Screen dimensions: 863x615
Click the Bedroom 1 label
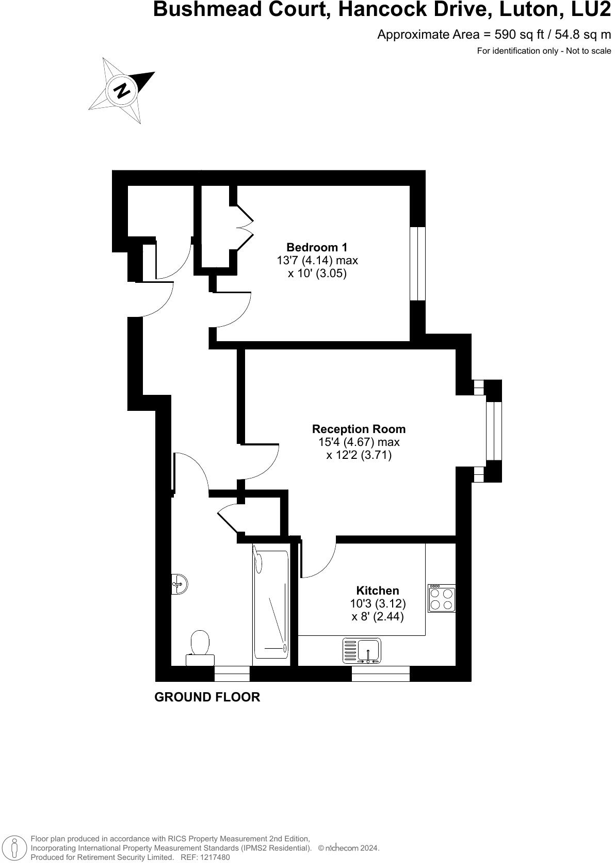317,247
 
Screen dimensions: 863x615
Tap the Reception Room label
359,429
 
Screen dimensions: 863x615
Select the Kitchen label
378,590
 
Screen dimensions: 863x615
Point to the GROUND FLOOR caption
207,697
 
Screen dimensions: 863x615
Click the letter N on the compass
122,90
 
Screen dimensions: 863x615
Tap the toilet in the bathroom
200,647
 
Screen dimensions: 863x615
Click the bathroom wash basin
179,584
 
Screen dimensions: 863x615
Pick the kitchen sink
362,650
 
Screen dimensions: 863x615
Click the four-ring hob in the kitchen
442,599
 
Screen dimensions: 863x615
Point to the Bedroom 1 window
417,263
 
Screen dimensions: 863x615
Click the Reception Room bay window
494,430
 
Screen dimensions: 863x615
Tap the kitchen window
381,674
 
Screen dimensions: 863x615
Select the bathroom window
232,674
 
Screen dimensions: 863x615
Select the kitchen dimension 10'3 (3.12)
378,603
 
